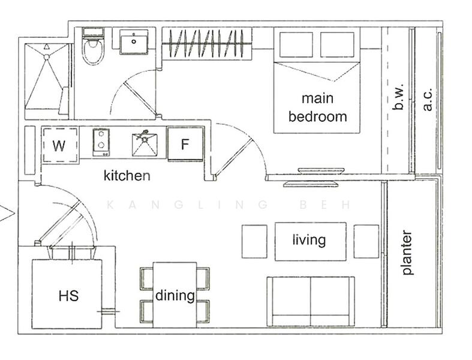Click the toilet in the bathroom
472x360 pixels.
click(93, 47)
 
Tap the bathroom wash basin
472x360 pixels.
click(134, 42)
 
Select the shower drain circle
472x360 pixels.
click(46, 56)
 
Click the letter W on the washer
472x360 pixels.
click(59, 146)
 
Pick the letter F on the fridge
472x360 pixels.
click(185, 145)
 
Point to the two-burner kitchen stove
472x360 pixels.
click(101, 142)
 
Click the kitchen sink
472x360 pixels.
click(145, 145)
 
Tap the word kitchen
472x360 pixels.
click(127, 175)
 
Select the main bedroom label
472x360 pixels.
click(318, 107)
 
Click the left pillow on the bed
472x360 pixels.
click(296, 44)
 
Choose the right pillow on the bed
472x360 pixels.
click(337, 44)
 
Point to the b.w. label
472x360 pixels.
click(398, 97)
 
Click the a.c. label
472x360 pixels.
click(427, 100)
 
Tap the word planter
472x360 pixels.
click(407, 253)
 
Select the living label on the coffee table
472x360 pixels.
click(309, 241)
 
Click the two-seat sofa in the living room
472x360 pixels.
click(311, 302)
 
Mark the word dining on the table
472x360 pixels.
click(175, 296)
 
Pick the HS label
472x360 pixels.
click(68, 296)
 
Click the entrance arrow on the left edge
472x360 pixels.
click(7, 213)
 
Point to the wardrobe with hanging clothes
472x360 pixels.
click(207, 44)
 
